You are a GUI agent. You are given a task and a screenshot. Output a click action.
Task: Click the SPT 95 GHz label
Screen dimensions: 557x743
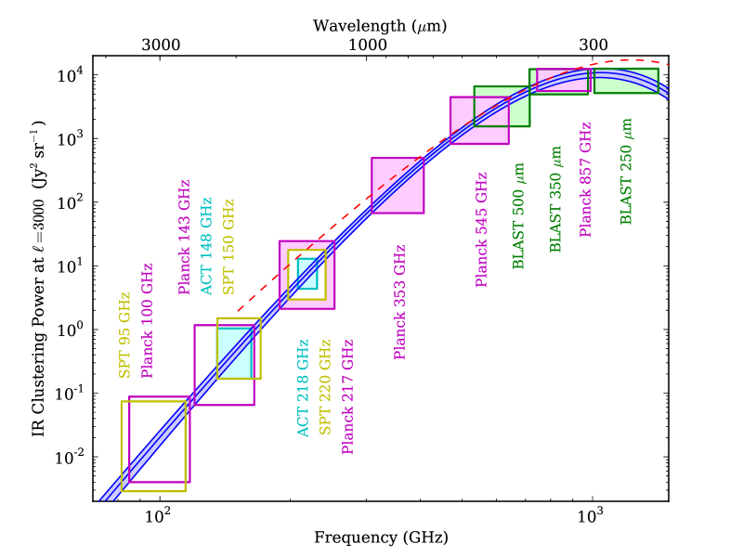[124, 335]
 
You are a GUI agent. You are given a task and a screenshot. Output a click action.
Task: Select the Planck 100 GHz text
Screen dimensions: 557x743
[147, 321]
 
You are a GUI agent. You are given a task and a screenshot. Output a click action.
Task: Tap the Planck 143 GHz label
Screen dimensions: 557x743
[184, 238]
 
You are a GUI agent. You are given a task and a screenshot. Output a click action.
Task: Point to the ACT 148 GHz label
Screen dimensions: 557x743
[206, 247]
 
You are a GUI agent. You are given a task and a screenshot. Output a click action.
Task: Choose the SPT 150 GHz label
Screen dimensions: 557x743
[228, 247]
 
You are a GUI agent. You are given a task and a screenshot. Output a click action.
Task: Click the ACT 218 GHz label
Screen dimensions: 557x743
[303, 388]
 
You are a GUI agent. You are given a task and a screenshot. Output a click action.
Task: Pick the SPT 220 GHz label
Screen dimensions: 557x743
[325, 387]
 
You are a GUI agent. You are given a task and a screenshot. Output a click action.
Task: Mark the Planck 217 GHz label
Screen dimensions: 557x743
[347, 396]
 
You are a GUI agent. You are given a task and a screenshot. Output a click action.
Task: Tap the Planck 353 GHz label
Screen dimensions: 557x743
[399, 302]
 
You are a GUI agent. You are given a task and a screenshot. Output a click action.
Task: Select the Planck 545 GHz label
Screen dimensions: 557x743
[481, 229]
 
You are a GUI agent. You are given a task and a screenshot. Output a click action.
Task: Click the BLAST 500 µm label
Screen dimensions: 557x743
[518, 215]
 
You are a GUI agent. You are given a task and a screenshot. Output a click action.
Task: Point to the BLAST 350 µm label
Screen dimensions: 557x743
[555, 199]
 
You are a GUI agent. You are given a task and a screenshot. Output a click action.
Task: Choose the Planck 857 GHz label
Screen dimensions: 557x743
[585, 179]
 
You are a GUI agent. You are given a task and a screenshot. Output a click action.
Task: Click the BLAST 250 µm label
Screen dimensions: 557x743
[626, 171]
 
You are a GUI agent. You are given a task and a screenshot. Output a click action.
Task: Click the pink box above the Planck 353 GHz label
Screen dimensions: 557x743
[398, 186]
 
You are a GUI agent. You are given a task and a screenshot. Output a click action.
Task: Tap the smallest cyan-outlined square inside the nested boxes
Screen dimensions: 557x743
[307, 274]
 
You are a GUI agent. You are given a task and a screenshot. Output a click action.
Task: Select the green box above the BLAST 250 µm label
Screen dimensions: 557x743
[626, 81]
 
